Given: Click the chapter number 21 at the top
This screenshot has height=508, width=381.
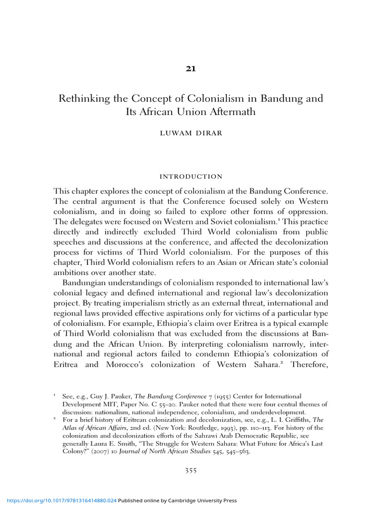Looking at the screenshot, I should click(191, 69).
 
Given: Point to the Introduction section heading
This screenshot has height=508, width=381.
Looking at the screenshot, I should click(191, 177).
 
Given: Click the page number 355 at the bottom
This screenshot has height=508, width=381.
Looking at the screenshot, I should click(191, 471).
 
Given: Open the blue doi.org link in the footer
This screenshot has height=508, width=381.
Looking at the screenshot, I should click(59, 501).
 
